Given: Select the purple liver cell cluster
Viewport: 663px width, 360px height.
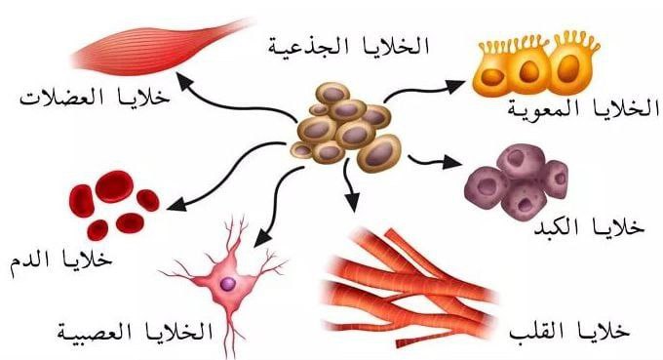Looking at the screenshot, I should (x=516, y=181).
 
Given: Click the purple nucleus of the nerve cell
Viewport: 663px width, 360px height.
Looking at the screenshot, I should (x=227, y=283).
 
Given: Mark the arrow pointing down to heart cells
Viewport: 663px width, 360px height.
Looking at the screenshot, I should (x=350, y=190).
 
